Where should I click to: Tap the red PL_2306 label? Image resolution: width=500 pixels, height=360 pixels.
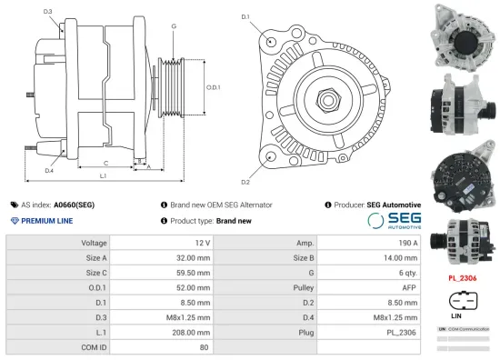pos(464,279)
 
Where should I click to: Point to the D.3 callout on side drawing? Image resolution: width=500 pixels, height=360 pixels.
pos(47,12)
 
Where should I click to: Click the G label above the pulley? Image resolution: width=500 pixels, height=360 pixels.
pos(173,26)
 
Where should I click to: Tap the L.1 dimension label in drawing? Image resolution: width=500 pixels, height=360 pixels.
pos(103,175)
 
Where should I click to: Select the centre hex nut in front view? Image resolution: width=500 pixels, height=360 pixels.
pos(325,95)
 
